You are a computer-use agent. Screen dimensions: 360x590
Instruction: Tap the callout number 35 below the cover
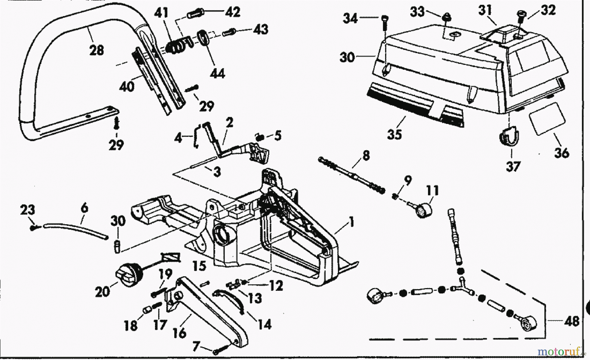[x=395, y=134]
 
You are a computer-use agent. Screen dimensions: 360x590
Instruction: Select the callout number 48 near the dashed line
[x=572, y=321]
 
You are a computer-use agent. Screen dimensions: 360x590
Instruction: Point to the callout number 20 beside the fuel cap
[x=102, y=291]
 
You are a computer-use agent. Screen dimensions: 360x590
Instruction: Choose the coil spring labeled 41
[x=175, y=46]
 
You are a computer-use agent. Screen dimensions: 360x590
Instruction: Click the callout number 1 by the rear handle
[x=351, y=223]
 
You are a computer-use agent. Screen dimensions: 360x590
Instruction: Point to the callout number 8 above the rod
[x=366, y=155]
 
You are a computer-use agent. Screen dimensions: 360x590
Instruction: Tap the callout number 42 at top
[x=232, y=12]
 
